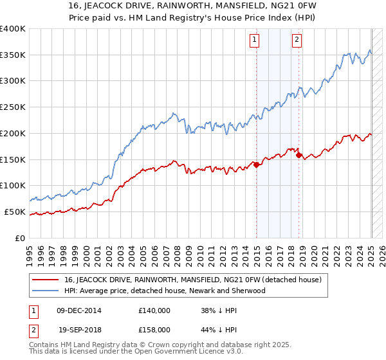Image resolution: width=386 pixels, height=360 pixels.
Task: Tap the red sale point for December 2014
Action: (257, 165)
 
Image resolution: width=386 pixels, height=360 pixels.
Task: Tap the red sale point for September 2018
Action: (299, 155)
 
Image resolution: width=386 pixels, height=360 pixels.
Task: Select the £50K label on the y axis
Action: (15, 212)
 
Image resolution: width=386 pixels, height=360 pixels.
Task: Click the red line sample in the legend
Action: (46, 280)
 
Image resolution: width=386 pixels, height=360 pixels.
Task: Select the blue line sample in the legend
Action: (46, 291)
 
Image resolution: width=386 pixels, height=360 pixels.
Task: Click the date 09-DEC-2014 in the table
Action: (79, 310)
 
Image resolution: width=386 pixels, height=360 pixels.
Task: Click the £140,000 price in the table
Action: (154, 310)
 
